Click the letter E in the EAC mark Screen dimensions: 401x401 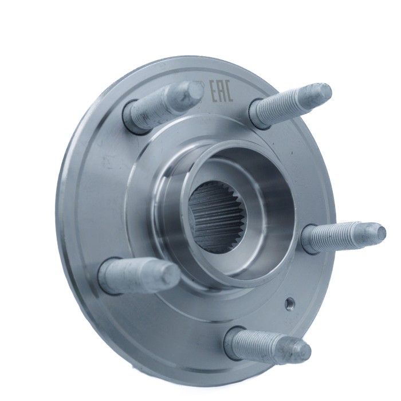pyautogui.click(x=214, y=92)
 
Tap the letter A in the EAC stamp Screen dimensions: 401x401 pyautogui.click(x=222, y=91)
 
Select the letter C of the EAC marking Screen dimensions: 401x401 pyautogui.click(x=229, y=91)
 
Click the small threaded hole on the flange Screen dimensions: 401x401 pyautogui.click(x=290, y=302)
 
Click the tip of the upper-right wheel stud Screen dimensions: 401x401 pyautogui.click(x=323, y=91)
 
